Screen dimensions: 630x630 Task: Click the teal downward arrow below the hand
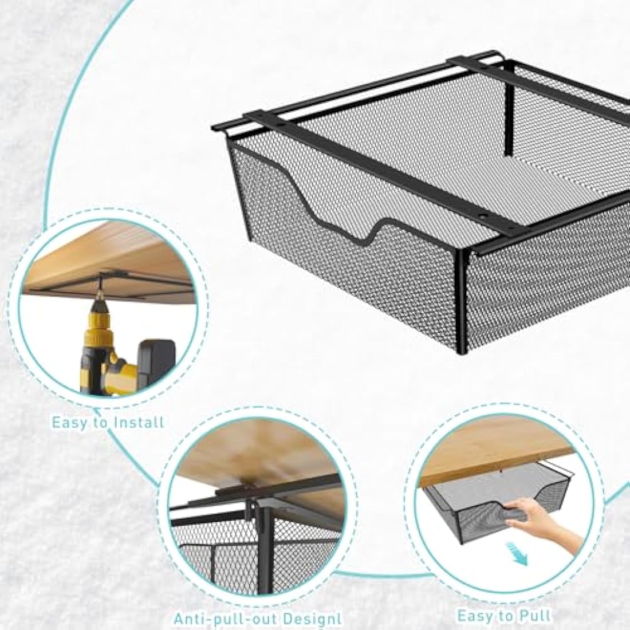click(520, 557)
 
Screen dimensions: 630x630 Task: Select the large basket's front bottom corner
click(459, 355)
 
